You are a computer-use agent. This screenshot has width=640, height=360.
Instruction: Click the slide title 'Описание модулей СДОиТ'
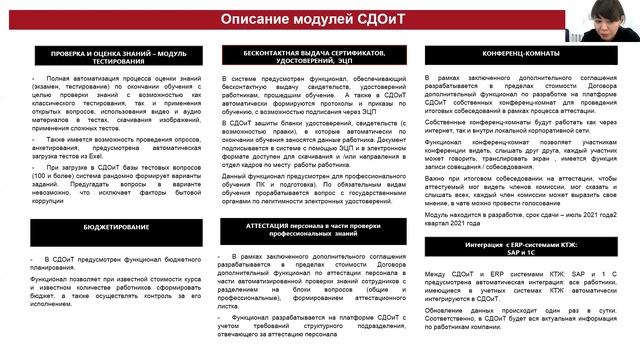tap(319, 19)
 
